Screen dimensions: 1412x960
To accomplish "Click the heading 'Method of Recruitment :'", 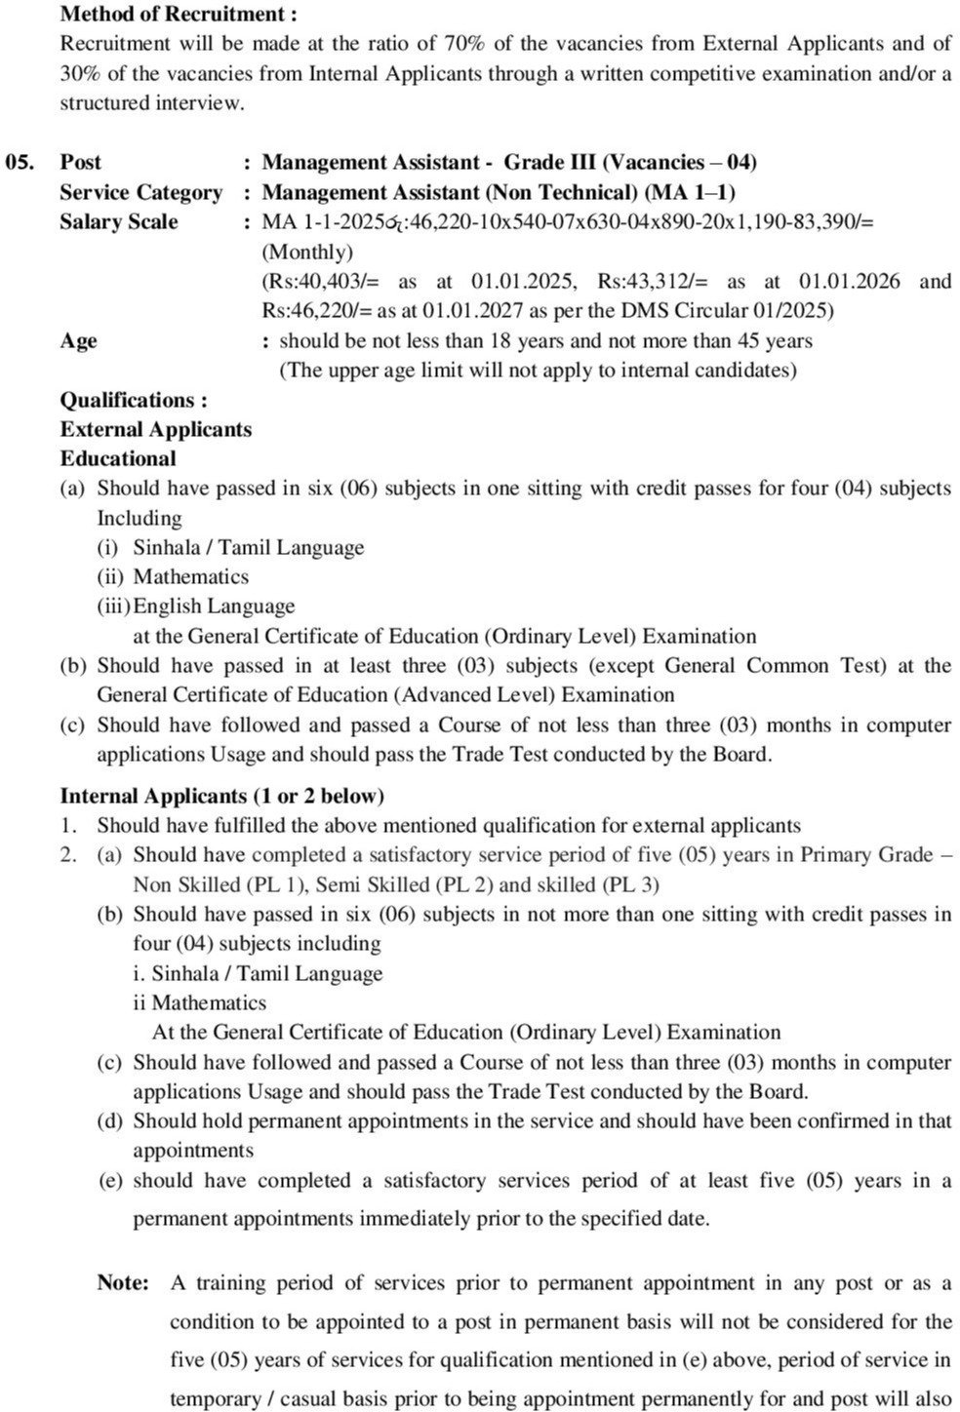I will [179, 15].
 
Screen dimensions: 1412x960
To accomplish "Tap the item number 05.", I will [20, 162].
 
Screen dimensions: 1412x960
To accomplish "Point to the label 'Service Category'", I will [140, 192].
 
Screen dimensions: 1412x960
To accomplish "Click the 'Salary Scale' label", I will [119, 221].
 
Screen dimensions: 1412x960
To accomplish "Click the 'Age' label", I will [78, 340].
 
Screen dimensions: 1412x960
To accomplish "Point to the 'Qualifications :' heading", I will [134, 400].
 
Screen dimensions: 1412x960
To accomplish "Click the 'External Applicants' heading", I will [155, 429].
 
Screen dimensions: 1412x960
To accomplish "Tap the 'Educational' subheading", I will [118, 458].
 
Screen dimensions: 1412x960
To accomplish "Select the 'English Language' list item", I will [214, 607].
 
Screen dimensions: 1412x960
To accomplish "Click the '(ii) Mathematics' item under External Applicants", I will [173, 577].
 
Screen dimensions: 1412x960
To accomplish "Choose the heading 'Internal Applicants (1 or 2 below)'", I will [222, 796].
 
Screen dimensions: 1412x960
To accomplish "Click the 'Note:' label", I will [123, 1282].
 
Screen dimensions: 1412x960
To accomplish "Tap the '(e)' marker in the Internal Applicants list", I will [110, 1180].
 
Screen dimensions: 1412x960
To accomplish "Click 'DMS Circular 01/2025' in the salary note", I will [730, 311].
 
